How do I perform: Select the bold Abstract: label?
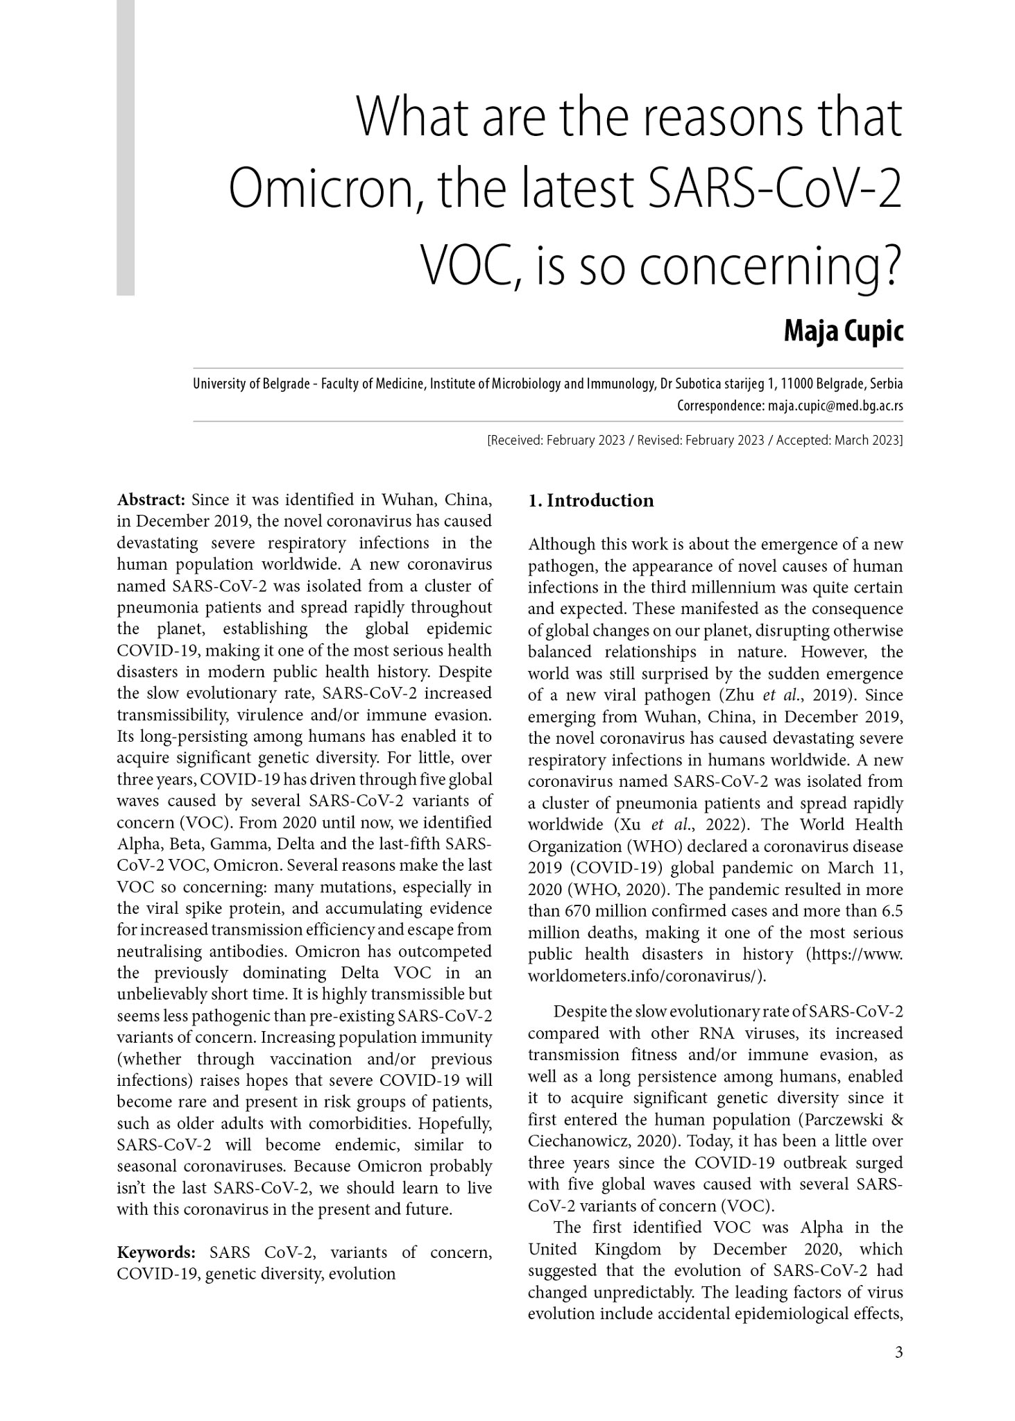151,500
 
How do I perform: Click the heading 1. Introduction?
590,501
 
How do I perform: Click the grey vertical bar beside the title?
126,147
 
